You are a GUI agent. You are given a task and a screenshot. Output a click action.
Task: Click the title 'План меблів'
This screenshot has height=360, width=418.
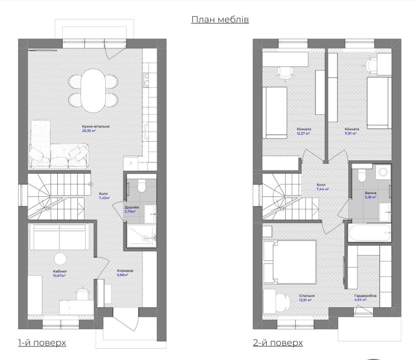point(220,20)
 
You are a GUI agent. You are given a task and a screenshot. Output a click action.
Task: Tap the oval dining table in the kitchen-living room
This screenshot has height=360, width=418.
point(93,91)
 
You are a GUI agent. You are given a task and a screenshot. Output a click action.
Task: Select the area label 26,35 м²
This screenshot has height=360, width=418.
point(89,131)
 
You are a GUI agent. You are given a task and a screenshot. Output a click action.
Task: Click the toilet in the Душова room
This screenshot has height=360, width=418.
point(141,185)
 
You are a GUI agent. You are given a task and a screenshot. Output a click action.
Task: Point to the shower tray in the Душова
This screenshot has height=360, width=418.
point(141,236)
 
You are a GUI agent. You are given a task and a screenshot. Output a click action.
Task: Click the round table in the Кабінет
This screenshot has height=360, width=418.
point(60,259)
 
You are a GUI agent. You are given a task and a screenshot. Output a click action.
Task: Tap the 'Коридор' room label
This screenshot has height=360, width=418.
point(125,271)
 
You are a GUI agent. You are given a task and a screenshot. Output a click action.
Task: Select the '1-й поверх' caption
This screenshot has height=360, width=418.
point(42,343)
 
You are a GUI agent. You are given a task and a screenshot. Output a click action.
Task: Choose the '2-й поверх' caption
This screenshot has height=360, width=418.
point(278,343)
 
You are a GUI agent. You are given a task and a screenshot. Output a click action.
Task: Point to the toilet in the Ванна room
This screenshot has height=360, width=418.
point(362,175)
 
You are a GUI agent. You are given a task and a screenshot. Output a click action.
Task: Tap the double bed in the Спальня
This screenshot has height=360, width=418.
point(290,262)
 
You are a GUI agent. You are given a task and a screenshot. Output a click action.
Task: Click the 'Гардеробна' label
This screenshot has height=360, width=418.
point(365,296)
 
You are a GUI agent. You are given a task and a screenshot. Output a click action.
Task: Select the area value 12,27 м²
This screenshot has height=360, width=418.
point(303,133)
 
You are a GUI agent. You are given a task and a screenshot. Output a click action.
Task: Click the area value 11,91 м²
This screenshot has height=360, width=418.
point(350,133)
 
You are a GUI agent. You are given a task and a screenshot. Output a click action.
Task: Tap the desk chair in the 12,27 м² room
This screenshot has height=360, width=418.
point(285,72)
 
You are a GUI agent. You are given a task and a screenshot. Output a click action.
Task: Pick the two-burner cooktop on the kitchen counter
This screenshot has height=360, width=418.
point(146,81)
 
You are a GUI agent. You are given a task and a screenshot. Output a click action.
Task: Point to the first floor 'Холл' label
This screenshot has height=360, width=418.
point(103,194)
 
